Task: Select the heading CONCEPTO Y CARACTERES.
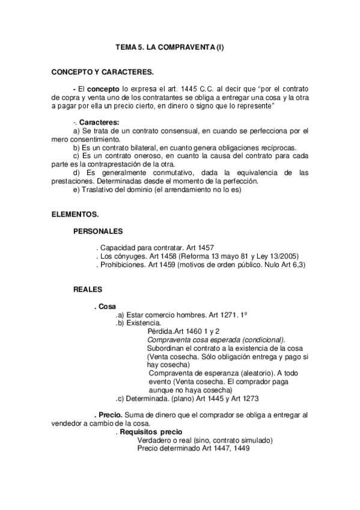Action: point(103,72)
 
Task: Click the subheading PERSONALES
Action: point(99,231)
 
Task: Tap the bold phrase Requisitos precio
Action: point(151,432)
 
